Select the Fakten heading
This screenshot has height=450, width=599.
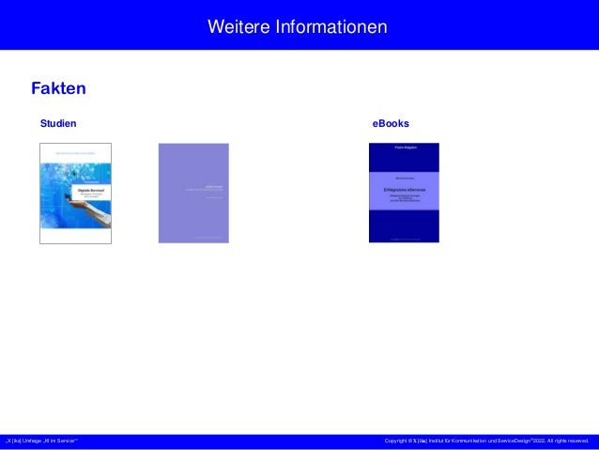point(58,89)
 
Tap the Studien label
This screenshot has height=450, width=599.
point(57,124)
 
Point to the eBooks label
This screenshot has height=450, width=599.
point(391,124)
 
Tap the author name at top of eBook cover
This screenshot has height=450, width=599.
point(404,147)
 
